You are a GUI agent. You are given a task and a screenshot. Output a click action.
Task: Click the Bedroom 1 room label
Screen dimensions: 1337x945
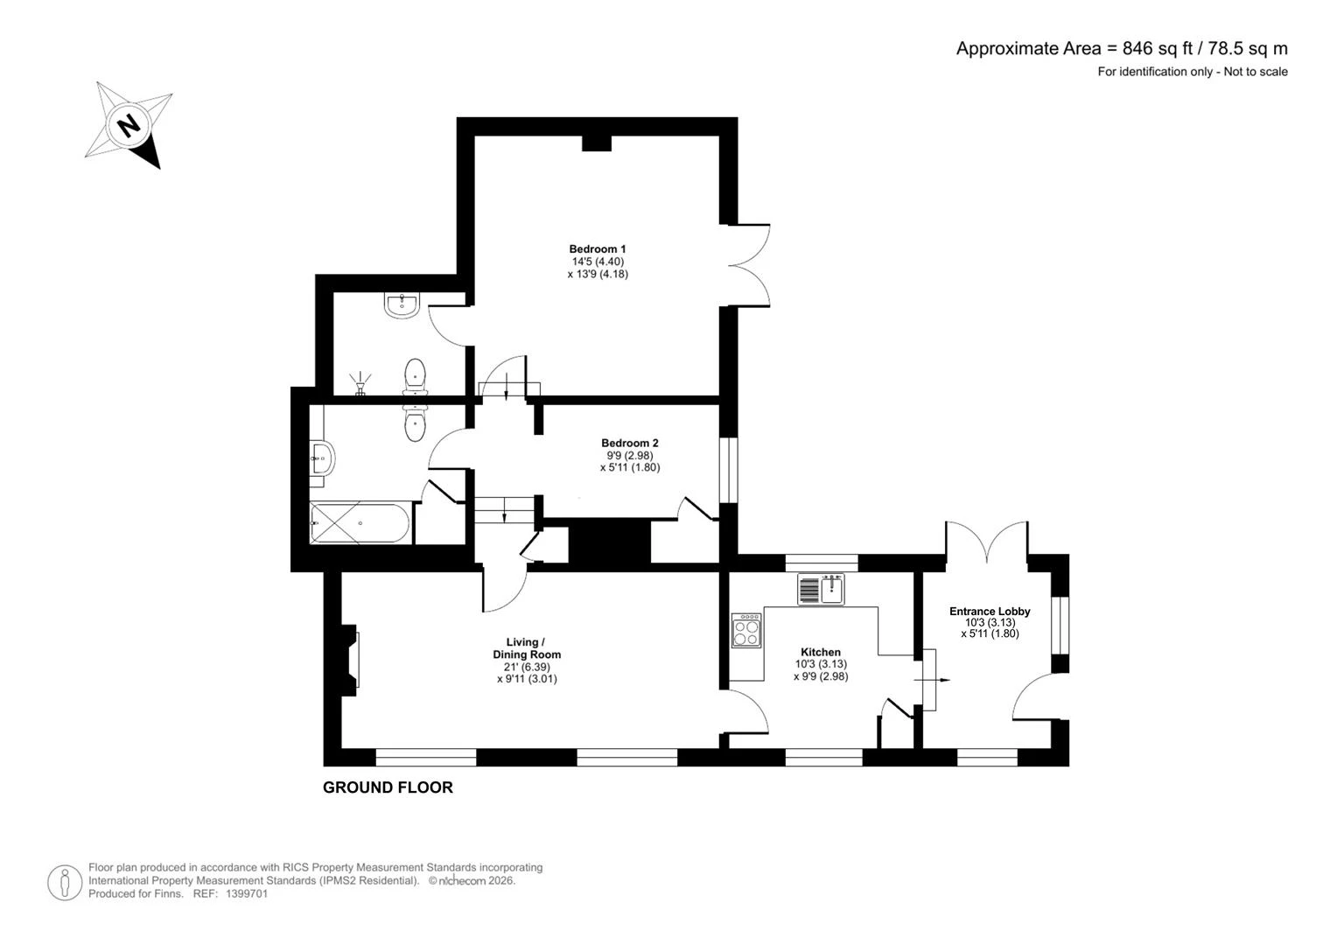pos(597,248)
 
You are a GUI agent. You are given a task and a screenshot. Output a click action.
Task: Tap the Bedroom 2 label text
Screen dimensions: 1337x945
pos(630,443)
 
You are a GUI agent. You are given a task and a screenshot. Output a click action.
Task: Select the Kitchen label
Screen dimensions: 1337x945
pos(821,652)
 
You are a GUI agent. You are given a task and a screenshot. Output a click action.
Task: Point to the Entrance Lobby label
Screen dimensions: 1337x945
pos(990,612)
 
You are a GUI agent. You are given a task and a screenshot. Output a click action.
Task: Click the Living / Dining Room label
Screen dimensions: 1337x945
pos(527,648)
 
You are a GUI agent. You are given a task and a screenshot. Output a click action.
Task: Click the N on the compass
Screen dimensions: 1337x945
pos(129,126)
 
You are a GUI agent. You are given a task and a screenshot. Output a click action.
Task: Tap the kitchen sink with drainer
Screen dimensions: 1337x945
pos(821,589)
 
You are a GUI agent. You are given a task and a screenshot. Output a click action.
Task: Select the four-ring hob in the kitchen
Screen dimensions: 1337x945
pos(746,630)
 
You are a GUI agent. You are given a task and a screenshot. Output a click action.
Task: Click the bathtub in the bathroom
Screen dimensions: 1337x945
pos(360,523)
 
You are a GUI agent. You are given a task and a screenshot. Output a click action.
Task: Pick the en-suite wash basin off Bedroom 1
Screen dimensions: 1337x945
pos(402,305)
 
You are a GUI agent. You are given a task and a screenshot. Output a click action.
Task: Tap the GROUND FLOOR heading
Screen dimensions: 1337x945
pos(388,787)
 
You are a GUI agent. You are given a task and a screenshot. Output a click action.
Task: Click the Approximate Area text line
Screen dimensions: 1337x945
pos(1122,48)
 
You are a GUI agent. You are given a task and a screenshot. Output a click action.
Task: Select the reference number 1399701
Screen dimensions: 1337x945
pos(247,893)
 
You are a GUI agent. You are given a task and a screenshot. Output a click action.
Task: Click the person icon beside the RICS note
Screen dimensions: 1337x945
pos(65,882)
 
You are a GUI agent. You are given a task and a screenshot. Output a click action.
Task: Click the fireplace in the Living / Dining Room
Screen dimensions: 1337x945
pos(349,660)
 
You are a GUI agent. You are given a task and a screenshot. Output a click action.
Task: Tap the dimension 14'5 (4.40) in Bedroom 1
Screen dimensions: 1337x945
pos(598,262)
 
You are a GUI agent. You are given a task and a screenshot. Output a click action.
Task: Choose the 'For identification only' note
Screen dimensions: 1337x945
pos(1192,72)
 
